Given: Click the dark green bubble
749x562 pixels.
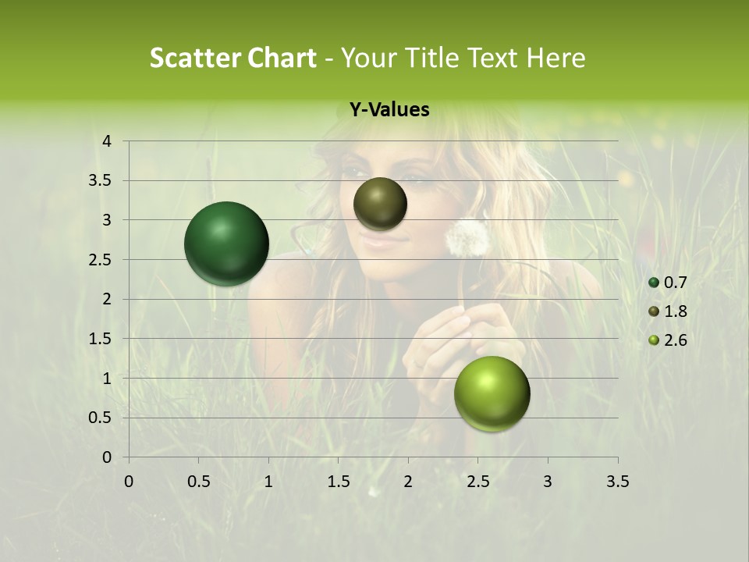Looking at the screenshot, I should (x=226, y=244).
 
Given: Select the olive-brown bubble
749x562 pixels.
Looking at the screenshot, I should (x=380, y=204).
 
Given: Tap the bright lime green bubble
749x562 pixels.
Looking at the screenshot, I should (x=492, y=393).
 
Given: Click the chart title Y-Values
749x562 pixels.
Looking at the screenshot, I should (x=389, y=110).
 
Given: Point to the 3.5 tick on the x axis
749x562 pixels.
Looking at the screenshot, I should (x=617, y=481).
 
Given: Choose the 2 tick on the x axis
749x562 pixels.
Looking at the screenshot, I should (x=408, y=481).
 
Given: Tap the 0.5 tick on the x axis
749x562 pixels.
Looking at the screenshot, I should (x=198, y=481).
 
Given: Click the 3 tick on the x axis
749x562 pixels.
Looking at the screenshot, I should (x=548, y=481).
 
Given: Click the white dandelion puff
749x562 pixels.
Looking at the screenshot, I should (x=467, y=237).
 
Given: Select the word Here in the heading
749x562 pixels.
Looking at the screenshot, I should (x=556, y=58).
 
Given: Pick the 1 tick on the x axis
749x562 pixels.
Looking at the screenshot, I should (x=268, y=481).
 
